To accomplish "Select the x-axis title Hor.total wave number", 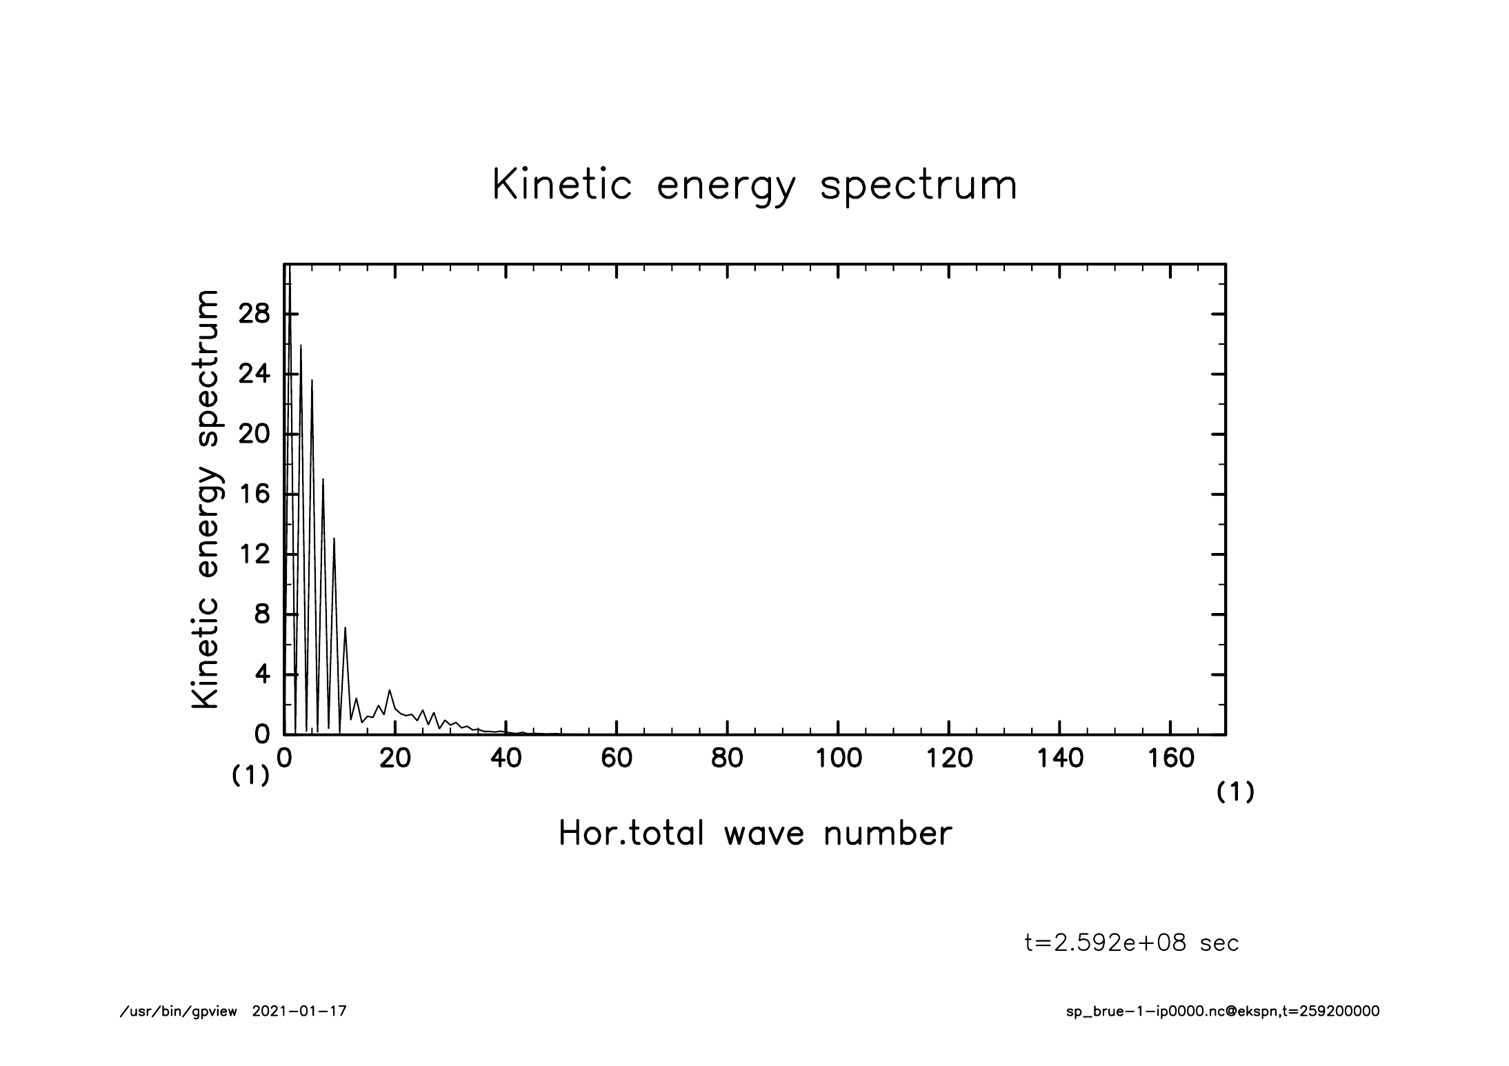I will click(x=754, y=834).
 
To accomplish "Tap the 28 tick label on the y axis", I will click(x=254, y=314).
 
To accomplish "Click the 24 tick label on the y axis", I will click(x=254, y=374).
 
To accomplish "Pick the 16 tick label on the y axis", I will click(x=254, y=494).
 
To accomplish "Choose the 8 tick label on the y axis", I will click(x=262, y=614).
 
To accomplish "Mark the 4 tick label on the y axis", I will click(x=262, y=674).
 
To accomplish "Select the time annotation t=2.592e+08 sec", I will click(x=1132, y=943).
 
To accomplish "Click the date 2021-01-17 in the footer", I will click(x=299, y=1012).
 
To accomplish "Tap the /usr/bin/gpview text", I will click(x=179, y=1012).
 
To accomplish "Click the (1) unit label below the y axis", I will click(x=250, y=776).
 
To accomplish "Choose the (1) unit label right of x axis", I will click(x=1235, y=793).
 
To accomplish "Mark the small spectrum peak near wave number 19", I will click(x=390, y=690).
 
